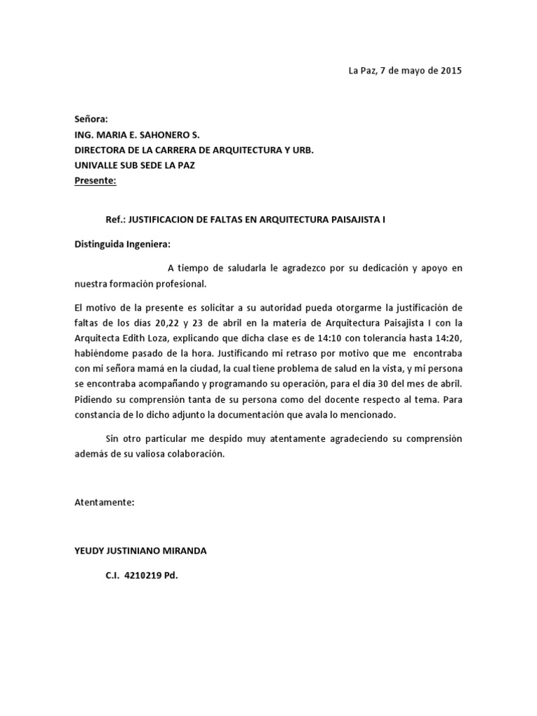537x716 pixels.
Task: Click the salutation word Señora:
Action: click(92, 119)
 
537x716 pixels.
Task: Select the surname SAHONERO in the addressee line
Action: click(161, 134)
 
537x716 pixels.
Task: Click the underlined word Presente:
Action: click(96, 182)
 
